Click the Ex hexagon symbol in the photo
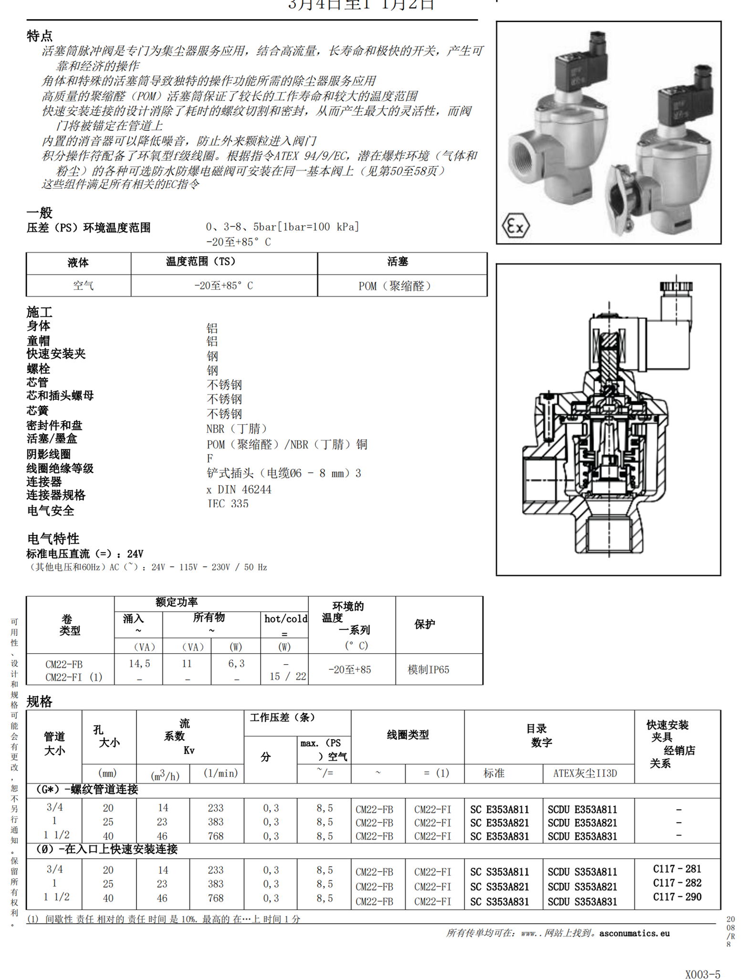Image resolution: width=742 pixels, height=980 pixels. point(516,226)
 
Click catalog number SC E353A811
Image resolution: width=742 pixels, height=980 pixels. point(499,809)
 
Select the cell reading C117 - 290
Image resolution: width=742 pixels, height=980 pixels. point(677,897)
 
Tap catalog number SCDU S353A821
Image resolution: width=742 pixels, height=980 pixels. point(582,886)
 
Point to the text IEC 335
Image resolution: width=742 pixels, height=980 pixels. point(228,504)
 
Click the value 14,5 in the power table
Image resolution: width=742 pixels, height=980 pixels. point(139,663)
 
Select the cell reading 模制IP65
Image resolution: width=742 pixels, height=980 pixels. point(428,669)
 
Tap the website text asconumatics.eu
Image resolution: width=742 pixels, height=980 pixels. point(634,933)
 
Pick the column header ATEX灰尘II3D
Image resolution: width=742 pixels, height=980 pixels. point(585,773)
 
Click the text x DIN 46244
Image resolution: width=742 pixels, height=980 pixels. point(239,490)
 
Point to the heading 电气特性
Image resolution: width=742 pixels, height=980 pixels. point(53,539)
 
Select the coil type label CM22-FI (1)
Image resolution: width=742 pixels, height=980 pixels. point(73,677)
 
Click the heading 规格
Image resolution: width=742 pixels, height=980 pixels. point(39,701)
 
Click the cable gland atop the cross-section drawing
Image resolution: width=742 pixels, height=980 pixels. point(676,286)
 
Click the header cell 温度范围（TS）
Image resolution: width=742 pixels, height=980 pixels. point(224,261)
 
